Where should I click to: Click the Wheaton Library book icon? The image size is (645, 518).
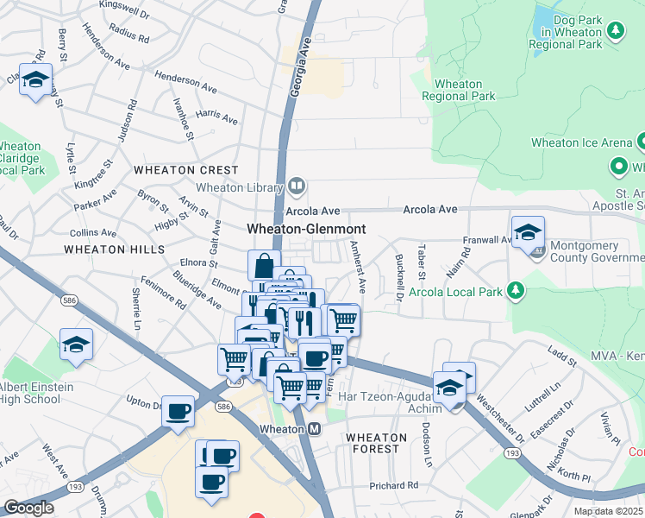pos(297,185)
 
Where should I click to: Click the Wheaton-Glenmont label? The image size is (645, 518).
pos(306,230)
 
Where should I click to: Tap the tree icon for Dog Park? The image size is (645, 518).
pos(616,32)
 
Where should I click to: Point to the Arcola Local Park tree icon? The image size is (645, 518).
pos(516,289)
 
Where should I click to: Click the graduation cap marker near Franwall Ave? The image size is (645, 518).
pos(528,232)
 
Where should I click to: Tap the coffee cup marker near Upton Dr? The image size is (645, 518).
pos(178,412)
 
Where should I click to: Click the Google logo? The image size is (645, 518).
pos(28,508)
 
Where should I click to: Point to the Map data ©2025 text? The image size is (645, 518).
pos(607,511)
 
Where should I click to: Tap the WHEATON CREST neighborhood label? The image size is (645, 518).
pos(185,171)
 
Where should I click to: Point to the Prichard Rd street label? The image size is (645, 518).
pos(393,485)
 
